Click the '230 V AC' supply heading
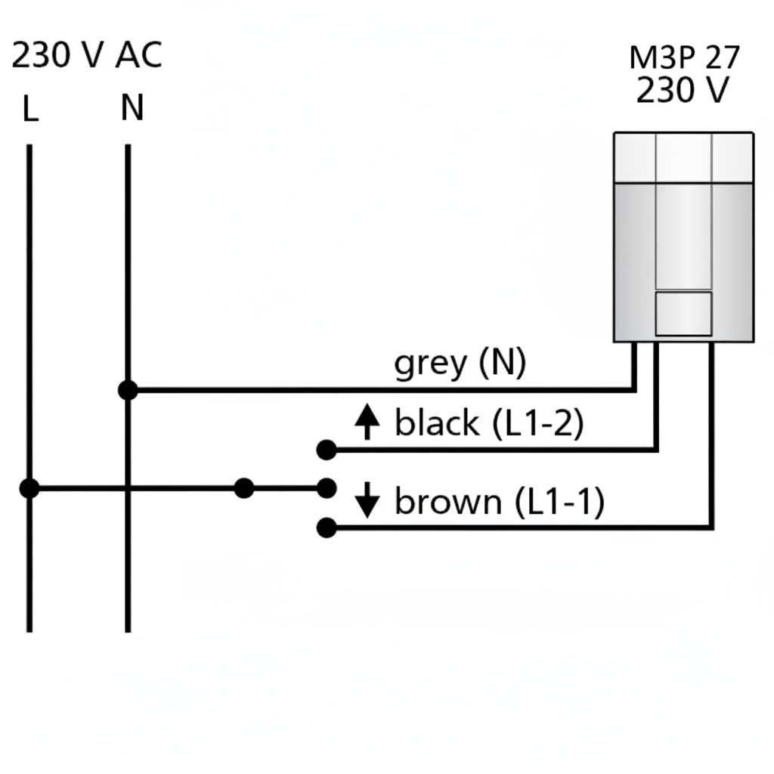pyautogui.click(x=86, y=56)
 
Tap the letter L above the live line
pyautogui.click(x=29, y=110)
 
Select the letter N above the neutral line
pyautogui.click(x=132, y=108)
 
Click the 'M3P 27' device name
pyautogui.click(x=684, y=58)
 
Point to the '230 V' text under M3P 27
pyautogui.click(x=682, y=91)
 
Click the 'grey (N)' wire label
pyautogui.click(x=460, y=364)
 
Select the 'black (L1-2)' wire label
pyautogui.click(x=489, y=423)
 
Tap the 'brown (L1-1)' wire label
pyautogui.click(x=500, y=501)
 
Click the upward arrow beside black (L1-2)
pyautogui.click(x=367, y=422)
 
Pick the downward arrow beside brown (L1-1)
pyautogui.click(x=367, y=501)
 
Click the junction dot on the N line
pyautogui.click(x=128, y=390)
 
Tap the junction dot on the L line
pyautogui.click(x=29, y=488)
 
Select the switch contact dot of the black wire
pyautogui.click(x=327, y=450)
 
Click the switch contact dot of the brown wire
pyautogui.click(x=327, y=528)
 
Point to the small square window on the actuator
pyautogui.click(x=683, y=314)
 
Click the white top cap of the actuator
pyautogui.click(x=683, y=157)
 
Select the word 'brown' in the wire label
pyautogui.click(x=447, y=501)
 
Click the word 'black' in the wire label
pyautogui.click(x=437, y=423)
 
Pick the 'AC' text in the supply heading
pyautogui.click(x=138, y=56)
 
